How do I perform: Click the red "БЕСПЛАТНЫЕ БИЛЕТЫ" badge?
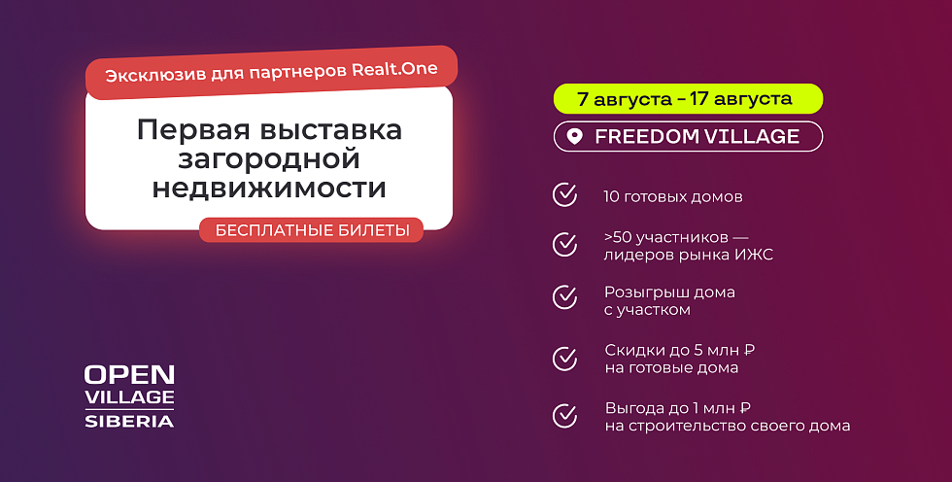tap(311, 230)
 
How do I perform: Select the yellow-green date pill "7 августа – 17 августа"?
tap(688, 99)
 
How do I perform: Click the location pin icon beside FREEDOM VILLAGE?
tap(574, 137)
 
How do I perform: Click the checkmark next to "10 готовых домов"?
tap(564, 195)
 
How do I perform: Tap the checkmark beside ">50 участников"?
tap(564, 244)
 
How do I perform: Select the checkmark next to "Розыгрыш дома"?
tap(564, 297)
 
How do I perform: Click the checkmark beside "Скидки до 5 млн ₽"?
tap(564, 359)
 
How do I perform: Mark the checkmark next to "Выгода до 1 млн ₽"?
tap(564, 416)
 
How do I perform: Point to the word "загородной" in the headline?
tap(269, 159)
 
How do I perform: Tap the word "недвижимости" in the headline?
tap(269, 188)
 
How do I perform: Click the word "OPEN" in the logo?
tap(129, 374)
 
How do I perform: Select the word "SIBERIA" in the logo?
tap(129, 422)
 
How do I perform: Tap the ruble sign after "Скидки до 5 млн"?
tap(749, 350)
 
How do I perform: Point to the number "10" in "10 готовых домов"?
tap(610, 196)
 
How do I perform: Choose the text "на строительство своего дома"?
tap(728, 426)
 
